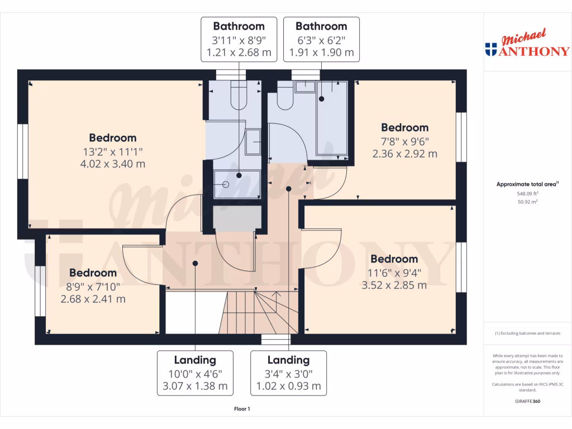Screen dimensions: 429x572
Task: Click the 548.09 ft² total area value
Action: [x=527, y=193]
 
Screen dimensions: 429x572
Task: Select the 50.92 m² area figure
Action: [x=527, y=202]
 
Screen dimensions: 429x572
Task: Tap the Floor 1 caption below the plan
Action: [x=242, y=409]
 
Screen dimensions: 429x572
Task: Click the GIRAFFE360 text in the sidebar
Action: [x=527, y=401]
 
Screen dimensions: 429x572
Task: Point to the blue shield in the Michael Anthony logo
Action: [x=491, y=50]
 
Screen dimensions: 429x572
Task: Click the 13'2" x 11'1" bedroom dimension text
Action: [x=113, y=151]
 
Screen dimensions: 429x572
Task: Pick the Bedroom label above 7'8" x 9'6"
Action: [x=404, y=127]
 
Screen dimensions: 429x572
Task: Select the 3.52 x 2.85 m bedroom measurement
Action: [x=394, y=285]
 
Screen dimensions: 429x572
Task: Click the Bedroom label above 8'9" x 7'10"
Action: [x=93, y=273]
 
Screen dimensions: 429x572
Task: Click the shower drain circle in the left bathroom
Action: [x=226, y=184]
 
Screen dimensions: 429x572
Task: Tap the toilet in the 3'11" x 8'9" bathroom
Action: [x=239, y=96]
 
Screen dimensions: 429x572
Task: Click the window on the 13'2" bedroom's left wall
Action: [x=23, y=151]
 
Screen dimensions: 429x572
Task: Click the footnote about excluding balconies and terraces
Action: [x=527, y=333]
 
